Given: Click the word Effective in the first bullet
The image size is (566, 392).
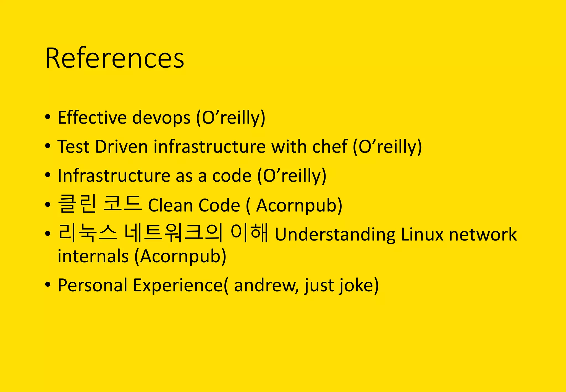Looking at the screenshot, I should [92, 117].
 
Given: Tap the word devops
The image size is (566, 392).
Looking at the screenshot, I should [161, 117].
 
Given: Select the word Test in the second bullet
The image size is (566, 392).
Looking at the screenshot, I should [73, 147].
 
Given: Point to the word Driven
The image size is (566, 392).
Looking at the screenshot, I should [122, 147].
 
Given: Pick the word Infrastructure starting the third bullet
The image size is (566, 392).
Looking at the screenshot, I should [114, 176].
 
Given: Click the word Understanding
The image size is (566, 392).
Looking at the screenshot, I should [335, 235].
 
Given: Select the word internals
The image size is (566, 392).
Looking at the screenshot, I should [93, 256].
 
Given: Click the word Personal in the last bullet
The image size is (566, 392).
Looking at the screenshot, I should [92, 285].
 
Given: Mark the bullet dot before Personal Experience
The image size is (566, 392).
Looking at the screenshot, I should [48, 284].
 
